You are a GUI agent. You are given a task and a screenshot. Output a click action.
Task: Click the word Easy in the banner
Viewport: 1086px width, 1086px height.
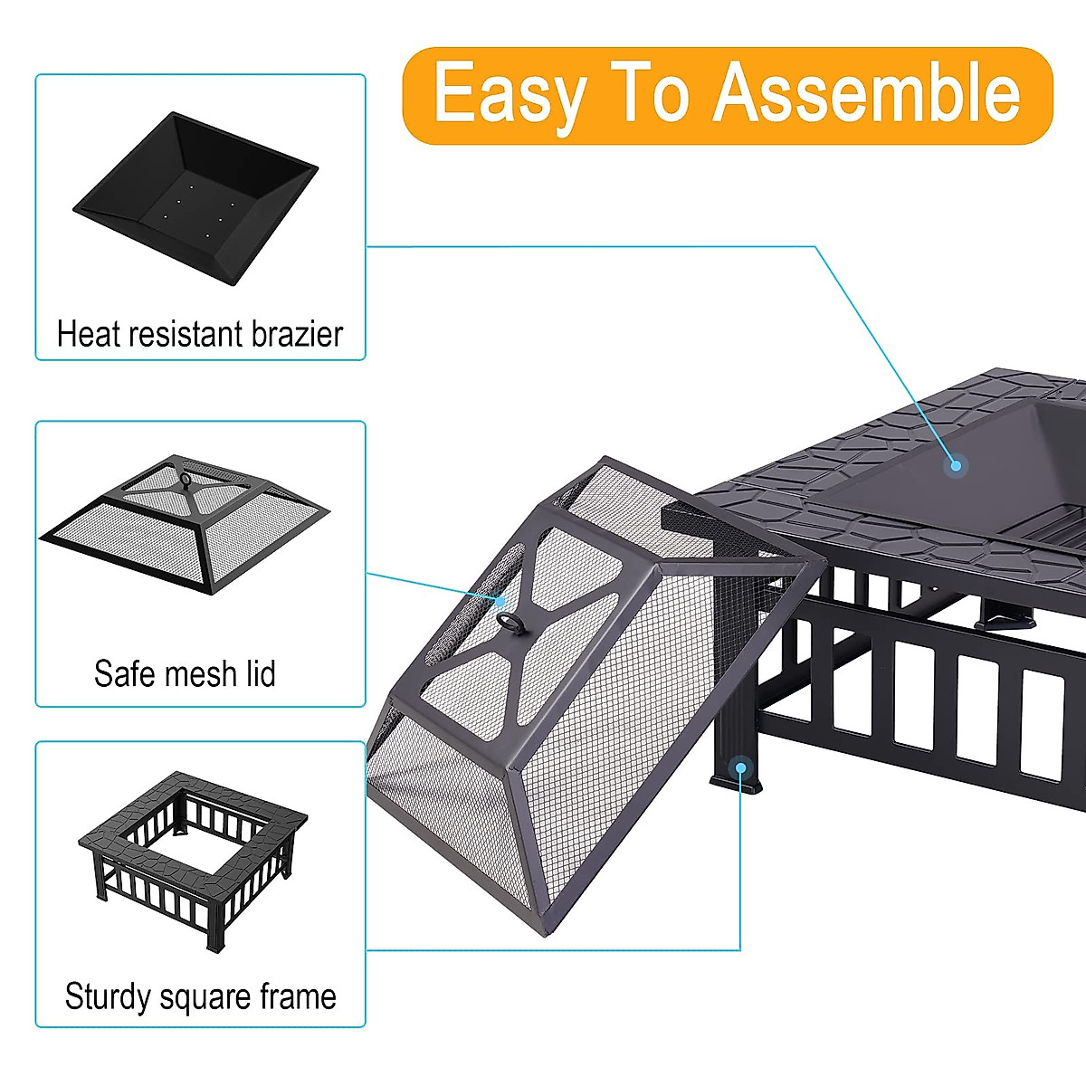(x=509, y=95)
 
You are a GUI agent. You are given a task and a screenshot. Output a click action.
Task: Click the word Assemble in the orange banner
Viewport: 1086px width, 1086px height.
(x=867, y=93)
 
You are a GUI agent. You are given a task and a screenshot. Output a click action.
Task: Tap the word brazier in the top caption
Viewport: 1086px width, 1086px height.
(x=297, y=334)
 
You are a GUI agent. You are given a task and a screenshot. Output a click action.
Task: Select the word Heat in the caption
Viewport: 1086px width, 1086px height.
(x=88, y=334)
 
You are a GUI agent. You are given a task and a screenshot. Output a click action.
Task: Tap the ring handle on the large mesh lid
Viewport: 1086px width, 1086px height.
(x=510, y=621)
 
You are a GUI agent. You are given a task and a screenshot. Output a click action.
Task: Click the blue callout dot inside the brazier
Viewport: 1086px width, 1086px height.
(x=955, y=466)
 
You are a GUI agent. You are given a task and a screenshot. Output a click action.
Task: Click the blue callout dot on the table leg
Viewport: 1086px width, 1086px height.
(x=740, y=767)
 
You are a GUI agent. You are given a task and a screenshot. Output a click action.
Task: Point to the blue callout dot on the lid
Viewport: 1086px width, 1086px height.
(x=500, y=600)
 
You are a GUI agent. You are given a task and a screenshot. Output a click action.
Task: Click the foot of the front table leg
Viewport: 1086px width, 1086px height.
(x=737, y=784)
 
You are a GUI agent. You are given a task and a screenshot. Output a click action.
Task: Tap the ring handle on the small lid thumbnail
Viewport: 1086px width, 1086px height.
(x=186, y=481)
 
